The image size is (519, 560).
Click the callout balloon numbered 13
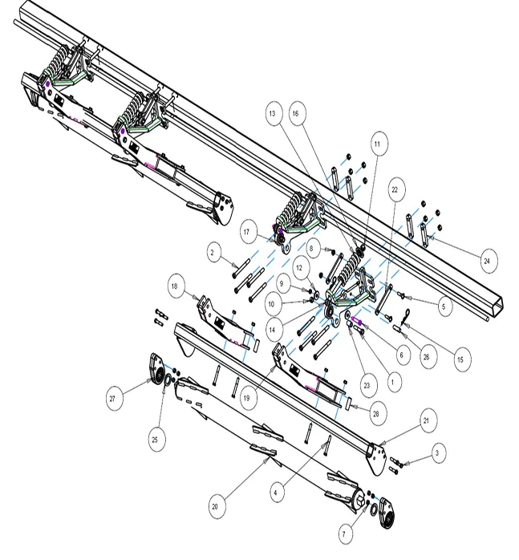click(x=273, y=114)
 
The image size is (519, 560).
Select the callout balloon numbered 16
click(x=295, y=114)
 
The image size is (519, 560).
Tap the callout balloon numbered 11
click(x=377, y=144)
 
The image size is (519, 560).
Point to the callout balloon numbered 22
click(x=395, y=189)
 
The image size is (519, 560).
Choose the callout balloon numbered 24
click(x=487, y=261)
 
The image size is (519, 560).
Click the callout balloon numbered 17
click(x=246, y=232)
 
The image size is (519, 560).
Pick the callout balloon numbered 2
click(x=213, y=253)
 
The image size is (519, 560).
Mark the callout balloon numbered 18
click(x=174, y=286)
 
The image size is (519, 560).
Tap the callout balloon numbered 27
click(x=112, y=398)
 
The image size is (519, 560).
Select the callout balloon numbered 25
click(x=155, y=440)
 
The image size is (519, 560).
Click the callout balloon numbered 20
click(x=215, y=506)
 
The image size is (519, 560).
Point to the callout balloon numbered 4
click(x=275, y=493)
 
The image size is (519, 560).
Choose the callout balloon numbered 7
click(x=344, y=534)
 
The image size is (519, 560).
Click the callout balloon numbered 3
click(x=437, y=453)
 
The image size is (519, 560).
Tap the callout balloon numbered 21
click(x=426, y=420)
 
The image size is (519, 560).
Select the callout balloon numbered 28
click(x=375, y=414)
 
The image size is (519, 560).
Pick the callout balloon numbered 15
click(x=460, y=359)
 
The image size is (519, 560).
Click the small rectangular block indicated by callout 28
click(x=347, y=403)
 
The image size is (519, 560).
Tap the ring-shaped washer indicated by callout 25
click(x=167, y=379)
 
